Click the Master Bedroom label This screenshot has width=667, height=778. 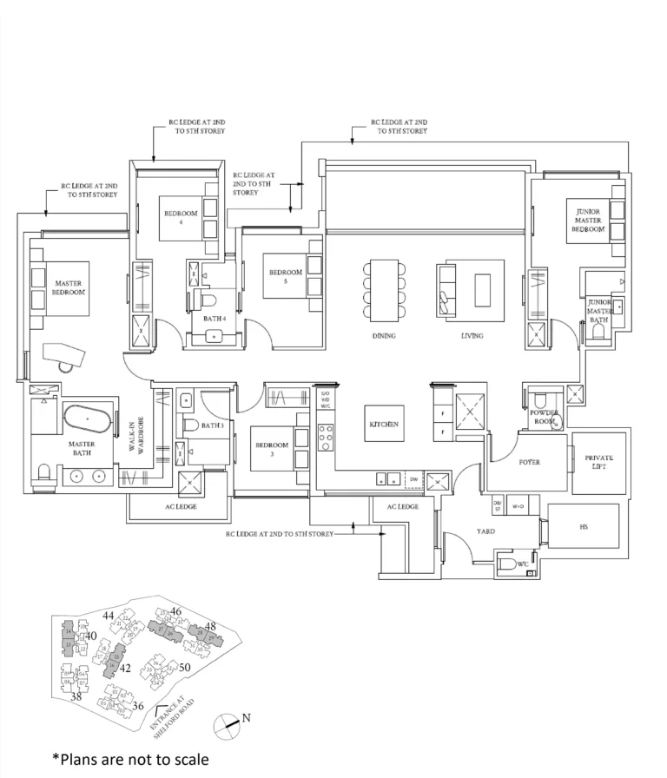tap(69, 288)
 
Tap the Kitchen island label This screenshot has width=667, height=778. tap(382, 425)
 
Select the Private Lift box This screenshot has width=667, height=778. tap(598, 462)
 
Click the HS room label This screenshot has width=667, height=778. tap(583, 526)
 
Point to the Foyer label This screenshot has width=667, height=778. tap(530, 462)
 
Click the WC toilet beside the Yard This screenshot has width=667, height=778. tap(506, 565)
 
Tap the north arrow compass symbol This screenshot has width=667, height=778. tap(228, 722)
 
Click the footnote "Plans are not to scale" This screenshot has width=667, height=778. tap(130, 760)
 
